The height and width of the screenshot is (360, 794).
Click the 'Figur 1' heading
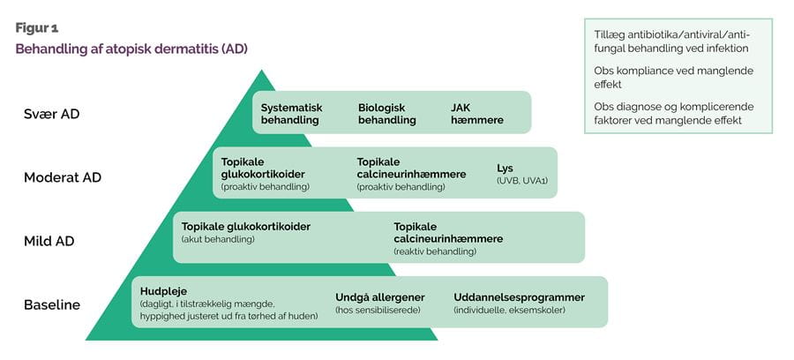tap(36, 28)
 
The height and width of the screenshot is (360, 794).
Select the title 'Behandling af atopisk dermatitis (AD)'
tap(131, 49)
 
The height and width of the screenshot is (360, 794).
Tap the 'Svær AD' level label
tap(52, 114)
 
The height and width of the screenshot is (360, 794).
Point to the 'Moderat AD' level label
tap(63, 177)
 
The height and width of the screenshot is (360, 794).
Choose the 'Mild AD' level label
tap(49, 242)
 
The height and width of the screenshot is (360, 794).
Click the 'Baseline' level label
tap(52, 305)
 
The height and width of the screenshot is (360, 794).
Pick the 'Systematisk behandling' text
tap(292, 114)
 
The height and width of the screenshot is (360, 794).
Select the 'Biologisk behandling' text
tap(387, 114)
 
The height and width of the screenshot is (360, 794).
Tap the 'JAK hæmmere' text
tap(477, 114)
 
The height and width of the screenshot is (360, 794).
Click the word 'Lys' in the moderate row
tap(505, 169)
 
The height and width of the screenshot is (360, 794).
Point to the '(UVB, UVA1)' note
tap(522, 181)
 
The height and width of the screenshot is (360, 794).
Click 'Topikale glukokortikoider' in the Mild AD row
tap(245, 227)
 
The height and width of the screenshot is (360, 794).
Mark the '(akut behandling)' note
tap(218, 239)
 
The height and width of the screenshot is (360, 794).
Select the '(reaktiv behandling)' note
tap(435, 251)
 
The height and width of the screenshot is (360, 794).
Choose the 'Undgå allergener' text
tap(379, 297)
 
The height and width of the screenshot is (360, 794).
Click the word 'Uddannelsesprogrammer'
tap(519, 297)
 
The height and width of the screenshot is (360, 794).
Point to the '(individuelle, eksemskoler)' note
tap(509, 310)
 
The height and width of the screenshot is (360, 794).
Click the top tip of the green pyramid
tap(261, 70)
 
